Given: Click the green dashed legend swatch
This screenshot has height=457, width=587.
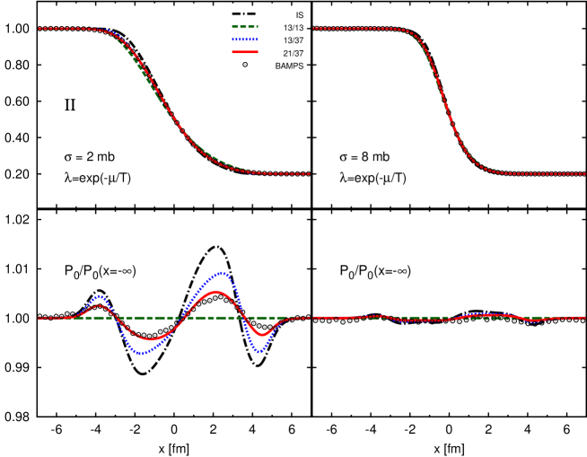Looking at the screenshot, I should [x=244, y=27].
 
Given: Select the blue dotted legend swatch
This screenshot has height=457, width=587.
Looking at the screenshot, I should [x=244, y=40].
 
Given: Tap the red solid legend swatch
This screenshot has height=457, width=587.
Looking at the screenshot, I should [x=244, y=52].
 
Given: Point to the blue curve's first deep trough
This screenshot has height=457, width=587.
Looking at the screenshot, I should [x=141, y=354].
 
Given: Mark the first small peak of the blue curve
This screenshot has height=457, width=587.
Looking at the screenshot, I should [x=99, y=295].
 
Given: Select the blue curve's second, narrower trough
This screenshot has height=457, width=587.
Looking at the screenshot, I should [x=259, y=351].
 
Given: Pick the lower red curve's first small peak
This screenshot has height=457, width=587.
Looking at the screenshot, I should [x=100, y=306].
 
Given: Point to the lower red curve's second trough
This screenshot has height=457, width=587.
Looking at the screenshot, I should [x=261, y=335].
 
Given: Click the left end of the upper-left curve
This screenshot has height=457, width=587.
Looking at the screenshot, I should [x=39, y=29].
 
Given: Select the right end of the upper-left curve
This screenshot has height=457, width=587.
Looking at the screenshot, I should [x=309, y=173].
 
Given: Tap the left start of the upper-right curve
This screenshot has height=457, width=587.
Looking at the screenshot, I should [x=313, y=29].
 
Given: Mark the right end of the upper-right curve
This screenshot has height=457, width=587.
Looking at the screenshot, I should [x=584, y=173].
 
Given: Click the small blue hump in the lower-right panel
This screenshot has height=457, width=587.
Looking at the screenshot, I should [x=485, y=314].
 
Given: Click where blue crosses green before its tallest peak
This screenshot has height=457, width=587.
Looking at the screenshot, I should [x=180, y=318].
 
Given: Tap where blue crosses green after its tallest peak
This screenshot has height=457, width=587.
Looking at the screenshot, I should [x=244, y=318].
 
